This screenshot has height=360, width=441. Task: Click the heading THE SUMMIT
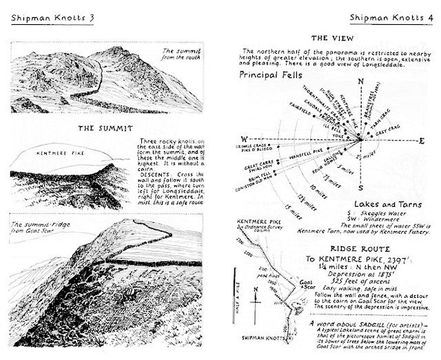[x=104, y=128]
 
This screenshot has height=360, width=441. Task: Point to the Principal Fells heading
[x=274, y=74]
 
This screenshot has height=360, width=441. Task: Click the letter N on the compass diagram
[x=360, y=81]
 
